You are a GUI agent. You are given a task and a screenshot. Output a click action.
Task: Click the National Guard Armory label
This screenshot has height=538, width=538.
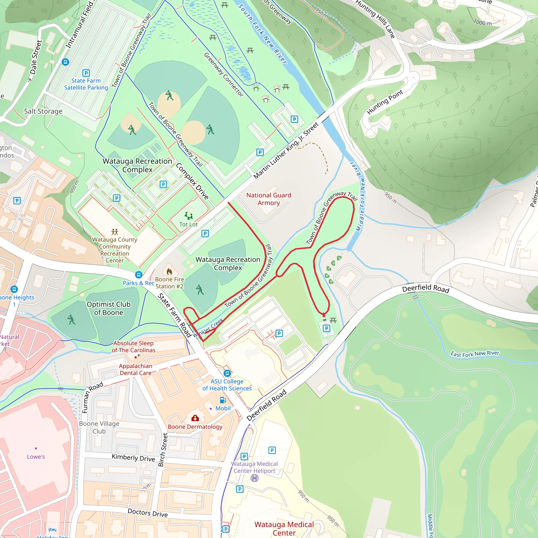coord(269,199)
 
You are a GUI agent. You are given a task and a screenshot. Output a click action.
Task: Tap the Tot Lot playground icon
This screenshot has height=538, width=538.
coord(189,215)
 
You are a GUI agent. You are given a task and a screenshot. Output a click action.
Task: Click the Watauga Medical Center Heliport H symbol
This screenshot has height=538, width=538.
coord(255,478)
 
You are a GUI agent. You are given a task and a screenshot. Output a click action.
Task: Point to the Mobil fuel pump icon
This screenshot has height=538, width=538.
coord(223,400)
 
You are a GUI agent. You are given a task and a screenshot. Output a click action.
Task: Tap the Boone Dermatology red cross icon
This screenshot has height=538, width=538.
coord(195,418)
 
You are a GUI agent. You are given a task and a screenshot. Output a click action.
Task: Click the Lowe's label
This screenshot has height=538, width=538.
coord(36,457)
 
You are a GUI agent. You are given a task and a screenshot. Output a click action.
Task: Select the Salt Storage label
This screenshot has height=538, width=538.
coord(43,111)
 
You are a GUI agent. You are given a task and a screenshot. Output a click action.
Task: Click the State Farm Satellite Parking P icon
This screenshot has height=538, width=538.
coord(86,73)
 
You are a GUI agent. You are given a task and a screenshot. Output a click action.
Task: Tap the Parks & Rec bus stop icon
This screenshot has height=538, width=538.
coord(139,275)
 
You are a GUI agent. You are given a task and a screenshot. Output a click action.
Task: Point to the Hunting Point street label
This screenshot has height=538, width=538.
coord(385,102)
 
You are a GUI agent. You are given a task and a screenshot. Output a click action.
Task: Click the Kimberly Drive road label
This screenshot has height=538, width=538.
coord(133,458)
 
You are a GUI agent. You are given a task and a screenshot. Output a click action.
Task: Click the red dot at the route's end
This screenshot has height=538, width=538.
coord(324,315)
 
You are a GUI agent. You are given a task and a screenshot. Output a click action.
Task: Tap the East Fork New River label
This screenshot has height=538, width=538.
coord(475,354)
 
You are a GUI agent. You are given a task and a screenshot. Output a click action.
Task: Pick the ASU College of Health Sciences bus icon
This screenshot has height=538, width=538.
coord(227,373)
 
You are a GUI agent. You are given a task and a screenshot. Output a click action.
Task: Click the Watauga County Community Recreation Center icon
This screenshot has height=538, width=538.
coord(115,232)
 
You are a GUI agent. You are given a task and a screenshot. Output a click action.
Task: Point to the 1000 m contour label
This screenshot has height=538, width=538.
coord(483,22)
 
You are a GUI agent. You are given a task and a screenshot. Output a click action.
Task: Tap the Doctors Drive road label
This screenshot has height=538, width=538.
coord(148,513)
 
